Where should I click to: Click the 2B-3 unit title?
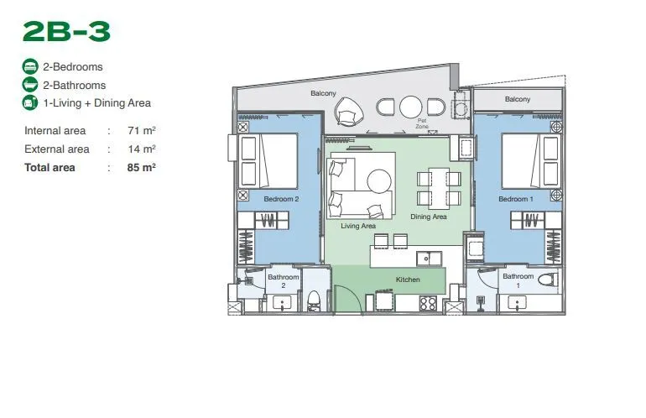[x=67, y=32]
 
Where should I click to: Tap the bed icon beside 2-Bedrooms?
[x=30, y=67]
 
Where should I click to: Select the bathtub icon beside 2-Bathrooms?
[x=30, y=85]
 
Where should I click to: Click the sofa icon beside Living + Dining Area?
[x=30, y=102]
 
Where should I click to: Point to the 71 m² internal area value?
[x=141, y=131]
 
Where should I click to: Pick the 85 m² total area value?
[x=141, y=167]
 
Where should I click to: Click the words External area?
[x=57, y=149]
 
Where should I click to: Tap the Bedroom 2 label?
[x=281, y=199]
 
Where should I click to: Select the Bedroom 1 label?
[x=516, y=199]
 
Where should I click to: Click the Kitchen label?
[x=408, y=280]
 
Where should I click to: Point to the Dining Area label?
[x=429, y=217]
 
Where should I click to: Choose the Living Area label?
[x=358, y=226]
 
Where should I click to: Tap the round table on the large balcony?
[x=411, y=107]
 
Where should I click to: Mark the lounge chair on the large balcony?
[x=349, y=111]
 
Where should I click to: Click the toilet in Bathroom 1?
[x=549, y=280]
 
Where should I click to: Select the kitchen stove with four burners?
[x=428, y=303]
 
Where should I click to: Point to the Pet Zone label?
[x=422, y=123]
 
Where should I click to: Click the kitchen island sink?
[x=429, y=259]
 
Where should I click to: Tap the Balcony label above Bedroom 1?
[x=518, y=99]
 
